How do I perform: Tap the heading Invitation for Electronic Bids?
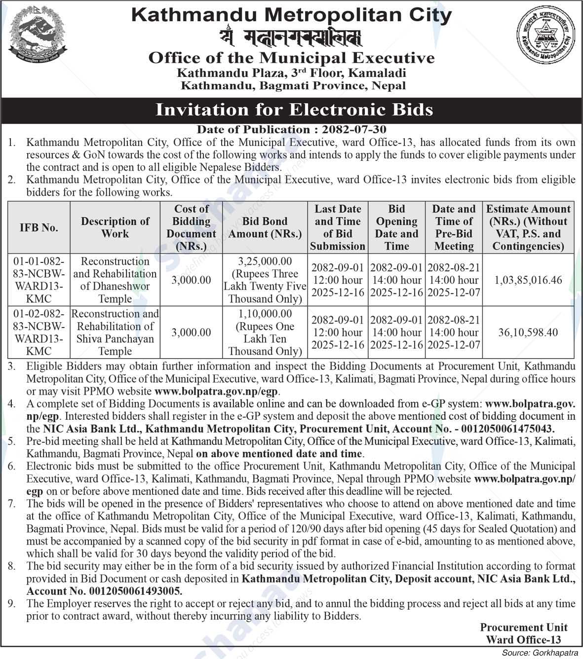294,109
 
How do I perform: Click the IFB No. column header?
39,228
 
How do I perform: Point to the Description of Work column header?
115,228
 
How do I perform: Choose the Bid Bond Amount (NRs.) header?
265,228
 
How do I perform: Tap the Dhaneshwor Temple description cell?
115,280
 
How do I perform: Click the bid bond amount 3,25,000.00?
265,261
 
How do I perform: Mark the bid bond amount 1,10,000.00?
265,314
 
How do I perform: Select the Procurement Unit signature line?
523,627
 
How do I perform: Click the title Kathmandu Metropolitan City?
291,15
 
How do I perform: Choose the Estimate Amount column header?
528,228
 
